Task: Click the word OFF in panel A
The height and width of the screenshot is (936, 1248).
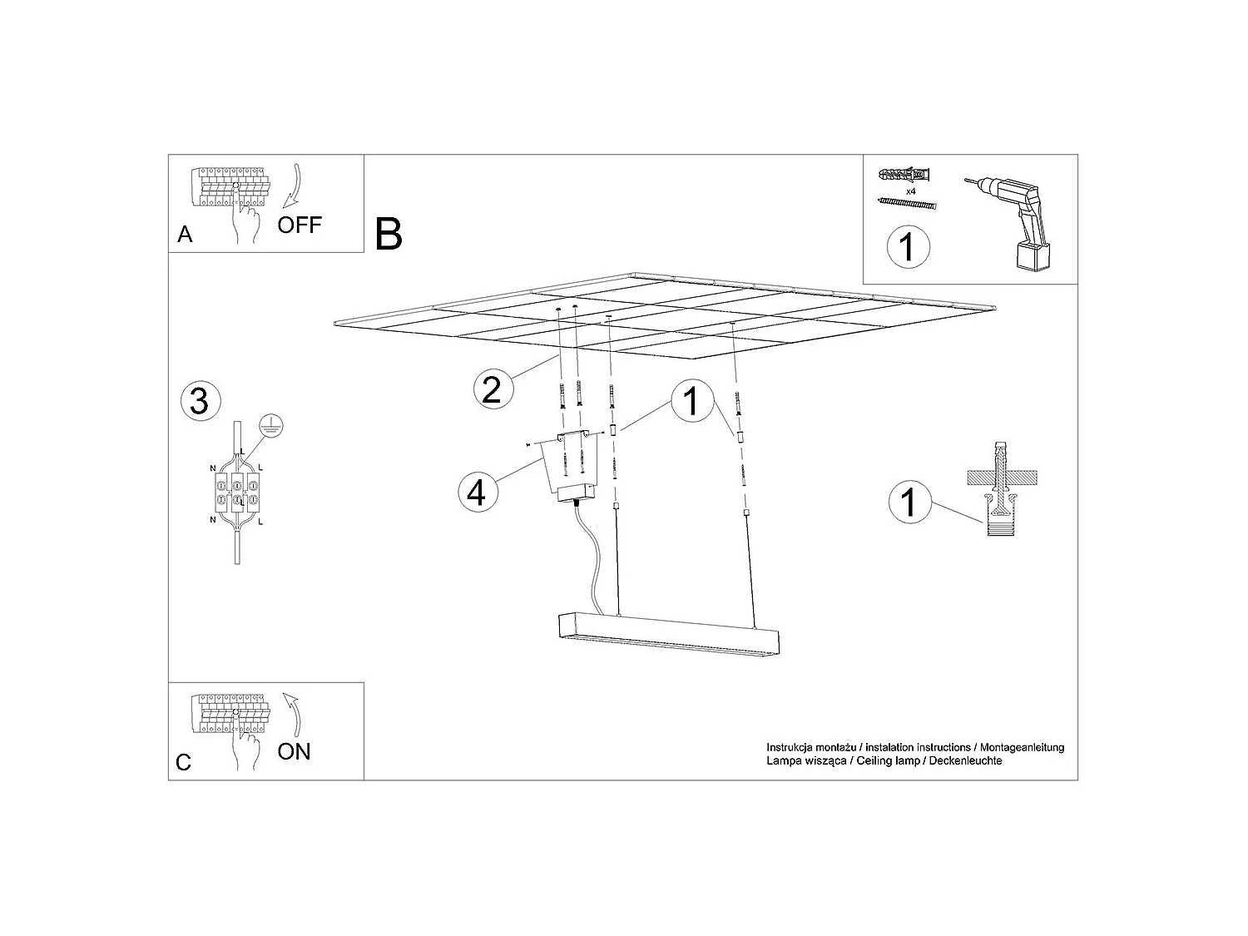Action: click(x=299, y=225)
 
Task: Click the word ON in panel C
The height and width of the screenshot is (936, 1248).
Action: click(x=294, y=751)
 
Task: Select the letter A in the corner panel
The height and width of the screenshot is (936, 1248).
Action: click(x=185, y=235)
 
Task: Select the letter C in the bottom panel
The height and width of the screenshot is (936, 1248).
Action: click(x=184, y=762)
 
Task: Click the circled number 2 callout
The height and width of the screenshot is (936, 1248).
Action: click(x=492, y=389)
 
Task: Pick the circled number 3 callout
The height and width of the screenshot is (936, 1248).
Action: click(x=200, y=401)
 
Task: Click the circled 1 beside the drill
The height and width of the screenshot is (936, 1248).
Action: click(x=907, y=247)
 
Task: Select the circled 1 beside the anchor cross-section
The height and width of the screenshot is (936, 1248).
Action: click(x=909, y=502)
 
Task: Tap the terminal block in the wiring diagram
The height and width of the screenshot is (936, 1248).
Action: click(x=237, y=492)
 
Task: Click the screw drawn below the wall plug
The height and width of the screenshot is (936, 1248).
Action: click(x=907, y=204)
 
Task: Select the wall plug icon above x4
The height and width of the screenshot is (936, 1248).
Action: click(x=905, y=176)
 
